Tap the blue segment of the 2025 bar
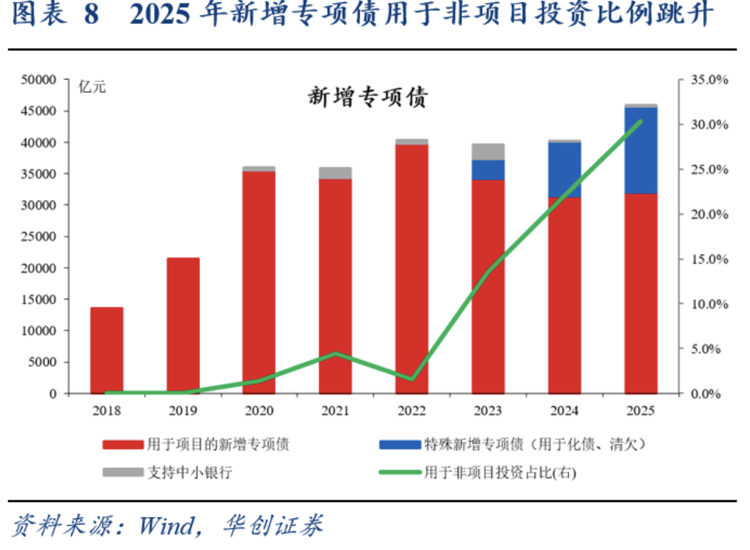pos(641,150)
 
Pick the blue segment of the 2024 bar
pos(564,170)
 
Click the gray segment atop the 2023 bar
pos(488,152)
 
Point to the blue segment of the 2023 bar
pos(488,170)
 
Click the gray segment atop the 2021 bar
pos(335,173)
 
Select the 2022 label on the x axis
pos(412,411)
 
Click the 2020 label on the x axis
pos(259,411)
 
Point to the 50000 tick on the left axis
pos(40,80)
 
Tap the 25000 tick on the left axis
pos(40,237)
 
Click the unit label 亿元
pos(92,88)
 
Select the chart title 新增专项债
pos(367,98)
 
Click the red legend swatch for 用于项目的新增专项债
pos(122,444)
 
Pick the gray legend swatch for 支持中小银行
pos(122,472)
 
